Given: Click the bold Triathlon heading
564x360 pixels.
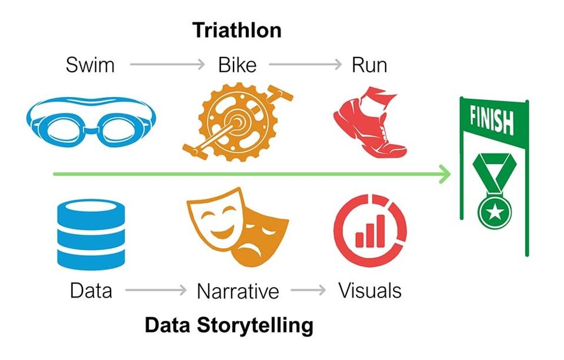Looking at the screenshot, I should pos(237,30).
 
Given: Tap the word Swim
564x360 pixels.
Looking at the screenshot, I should pos(89,65).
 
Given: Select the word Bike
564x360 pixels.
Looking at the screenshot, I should pos(237,65).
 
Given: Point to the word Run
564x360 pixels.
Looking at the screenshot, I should pos(369,65).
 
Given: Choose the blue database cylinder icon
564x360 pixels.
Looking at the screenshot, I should pos(91,234).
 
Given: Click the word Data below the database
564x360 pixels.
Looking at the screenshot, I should pos(91,290).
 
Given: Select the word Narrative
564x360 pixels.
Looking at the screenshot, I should pos(238,291).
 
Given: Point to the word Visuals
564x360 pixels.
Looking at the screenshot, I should pos(369,290).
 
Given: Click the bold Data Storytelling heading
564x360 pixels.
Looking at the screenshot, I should pos(229,325).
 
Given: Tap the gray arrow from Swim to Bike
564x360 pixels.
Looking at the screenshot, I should pos(167,64).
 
